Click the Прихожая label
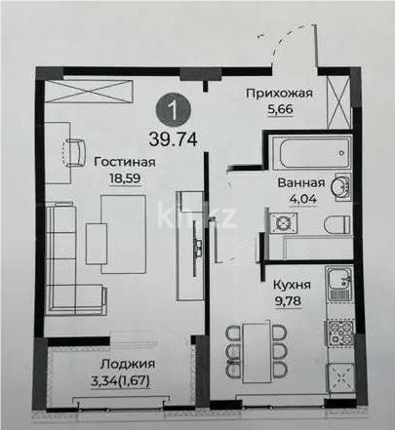point(278,94)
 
